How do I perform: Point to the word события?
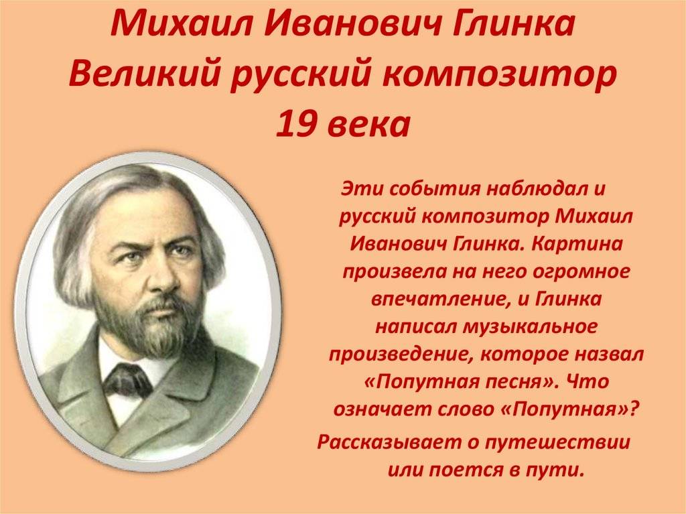point(434,189)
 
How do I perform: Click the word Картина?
point(577,244)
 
